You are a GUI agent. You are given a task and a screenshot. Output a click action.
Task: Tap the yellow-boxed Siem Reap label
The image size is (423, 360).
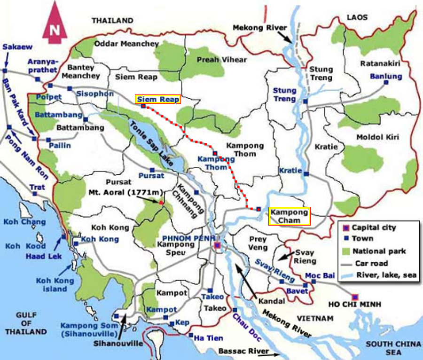(x=158, y=99)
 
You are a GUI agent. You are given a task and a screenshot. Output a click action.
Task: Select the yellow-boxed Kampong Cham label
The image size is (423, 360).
(x=289, y=216)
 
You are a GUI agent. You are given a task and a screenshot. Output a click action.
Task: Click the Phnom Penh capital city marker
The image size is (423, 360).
(x=217, y=245)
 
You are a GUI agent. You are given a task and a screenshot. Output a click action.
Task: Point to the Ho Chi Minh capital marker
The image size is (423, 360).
(x=355, y=297)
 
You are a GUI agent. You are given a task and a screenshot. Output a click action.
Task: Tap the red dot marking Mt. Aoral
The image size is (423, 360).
(x=161, y=203)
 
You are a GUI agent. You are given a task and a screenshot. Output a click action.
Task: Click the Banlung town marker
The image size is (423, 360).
(x=386, y=82)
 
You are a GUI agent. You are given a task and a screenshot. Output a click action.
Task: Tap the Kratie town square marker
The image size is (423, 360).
(x=306, y=174)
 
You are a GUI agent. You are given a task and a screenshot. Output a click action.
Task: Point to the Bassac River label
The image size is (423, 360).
(x=243, y=351)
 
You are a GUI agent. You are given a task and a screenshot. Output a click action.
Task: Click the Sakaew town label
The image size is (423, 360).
(x=14, y=47)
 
